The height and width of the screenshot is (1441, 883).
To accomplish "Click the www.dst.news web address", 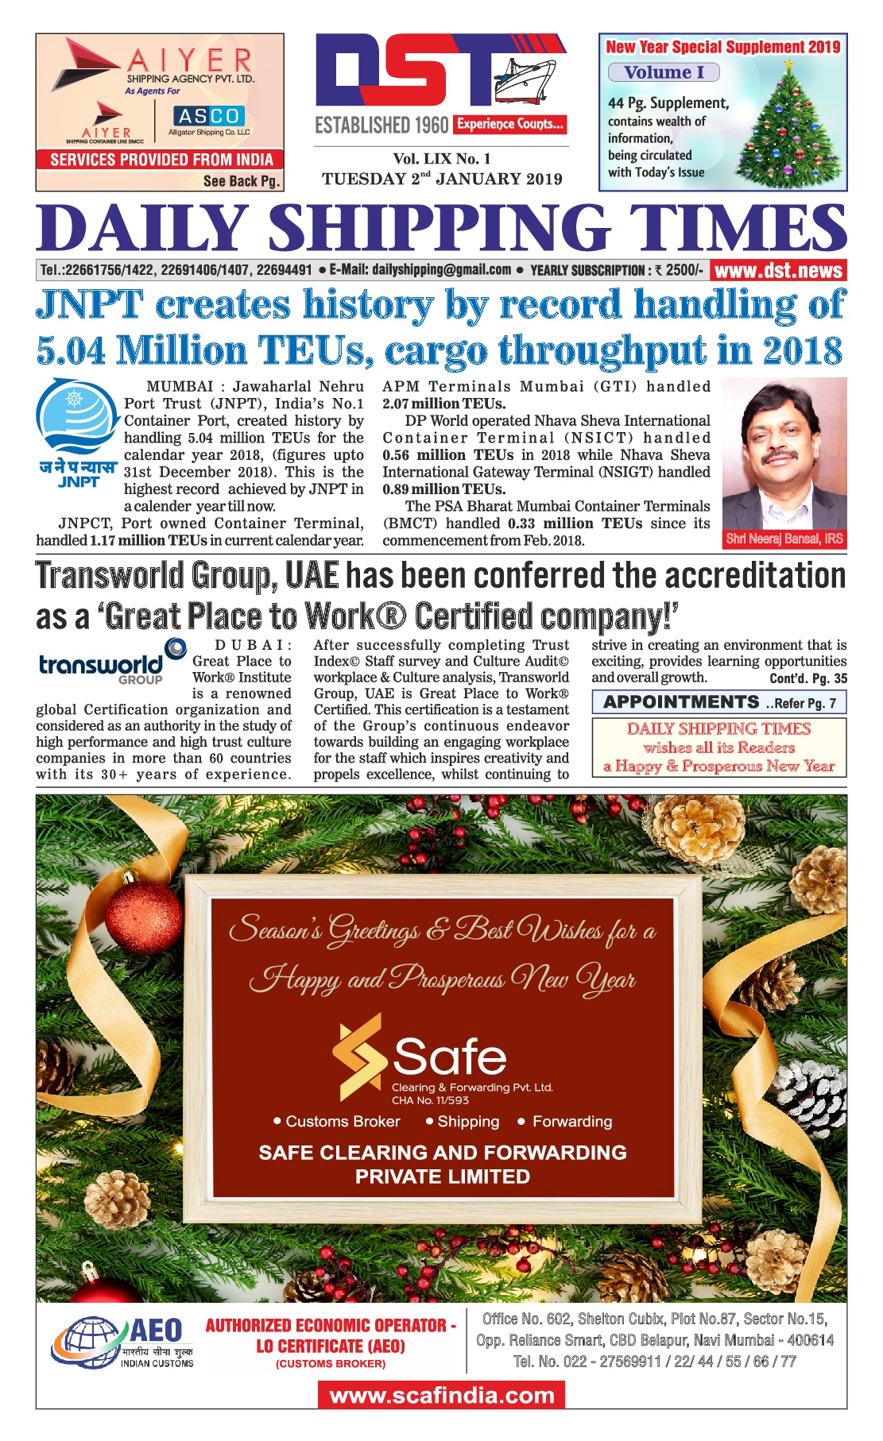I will point(778,271).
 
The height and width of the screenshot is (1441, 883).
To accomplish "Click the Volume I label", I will point(664,72).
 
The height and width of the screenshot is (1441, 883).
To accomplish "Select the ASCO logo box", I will point(208,117).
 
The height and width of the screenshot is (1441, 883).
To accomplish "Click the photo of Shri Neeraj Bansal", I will point(784,453).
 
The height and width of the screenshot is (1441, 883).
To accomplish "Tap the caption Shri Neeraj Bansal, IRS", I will point(784,539).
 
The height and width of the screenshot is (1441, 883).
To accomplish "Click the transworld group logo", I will point(111,662).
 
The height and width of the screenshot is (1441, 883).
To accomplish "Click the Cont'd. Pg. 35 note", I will point(807,678).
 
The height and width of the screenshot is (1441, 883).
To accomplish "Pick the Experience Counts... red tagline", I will point(509,124).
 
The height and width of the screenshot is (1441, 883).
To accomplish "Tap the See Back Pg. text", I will point(242,181).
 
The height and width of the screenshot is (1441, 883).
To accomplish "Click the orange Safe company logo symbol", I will point(359,1056).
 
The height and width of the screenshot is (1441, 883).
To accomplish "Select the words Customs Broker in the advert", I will point(343,1122).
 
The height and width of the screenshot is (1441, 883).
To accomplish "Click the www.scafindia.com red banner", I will point(441,1396).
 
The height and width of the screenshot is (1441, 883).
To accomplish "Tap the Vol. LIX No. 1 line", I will point(441,159).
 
